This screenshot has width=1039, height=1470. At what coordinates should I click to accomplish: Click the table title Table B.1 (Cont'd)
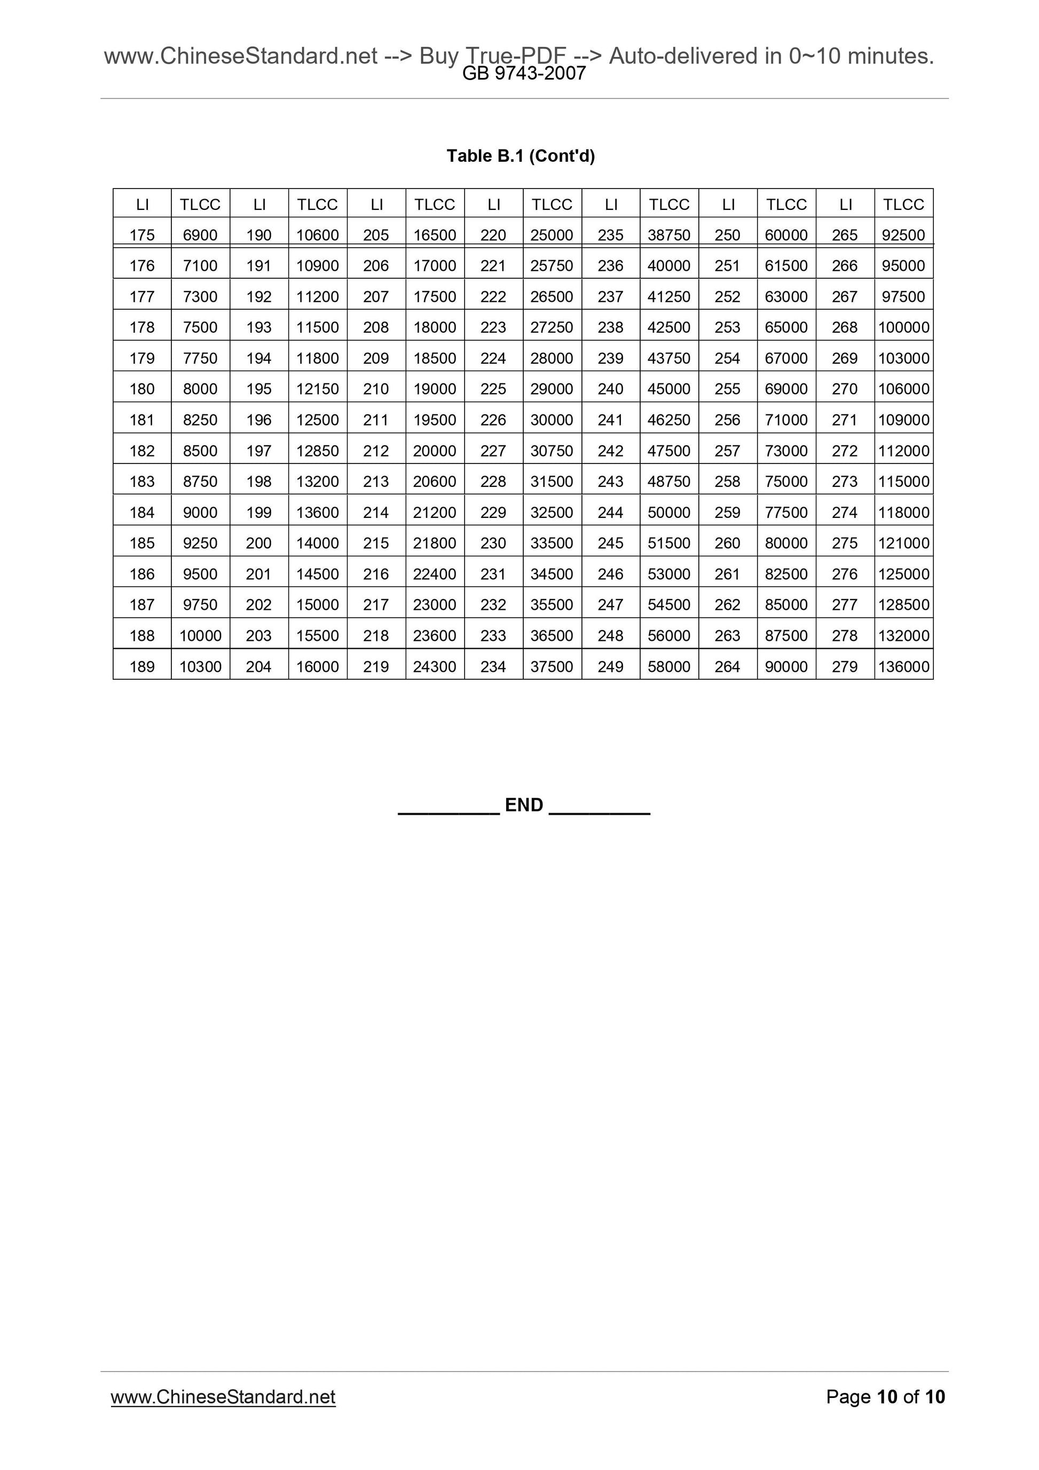(x=521, y=156)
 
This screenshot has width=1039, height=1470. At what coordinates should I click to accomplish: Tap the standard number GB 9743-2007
(x=524, y=74)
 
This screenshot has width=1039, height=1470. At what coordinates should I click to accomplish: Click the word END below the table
(x=524, y=805)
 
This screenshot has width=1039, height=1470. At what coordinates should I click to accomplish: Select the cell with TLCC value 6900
(x=200, y=235)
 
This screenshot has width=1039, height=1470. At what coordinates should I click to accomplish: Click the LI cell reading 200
(x=258, y=543)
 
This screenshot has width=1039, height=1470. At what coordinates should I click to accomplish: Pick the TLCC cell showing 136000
(x=903, y=666)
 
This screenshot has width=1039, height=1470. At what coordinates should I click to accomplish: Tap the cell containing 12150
(x=318, y=389)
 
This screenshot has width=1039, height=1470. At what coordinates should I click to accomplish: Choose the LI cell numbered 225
(x=493, y=389)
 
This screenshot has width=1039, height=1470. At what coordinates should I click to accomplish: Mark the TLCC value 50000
(x=669, y=512)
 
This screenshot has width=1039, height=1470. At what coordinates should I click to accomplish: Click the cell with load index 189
(x=142, y=666)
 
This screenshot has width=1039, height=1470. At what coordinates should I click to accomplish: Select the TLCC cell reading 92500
(x=903, y=235)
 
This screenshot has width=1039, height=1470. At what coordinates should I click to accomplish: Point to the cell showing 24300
(x=435, y=666)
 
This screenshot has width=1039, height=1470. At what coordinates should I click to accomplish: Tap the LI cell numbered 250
(x=727, y=235)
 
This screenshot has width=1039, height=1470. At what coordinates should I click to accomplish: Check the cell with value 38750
(x=669, y=235)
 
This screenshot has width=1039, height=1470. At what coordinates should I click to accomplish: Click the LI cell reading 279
(x=844, y=666)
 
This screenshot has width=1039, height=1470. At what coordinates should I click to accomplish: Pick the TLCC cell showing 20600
(x=435, y=482)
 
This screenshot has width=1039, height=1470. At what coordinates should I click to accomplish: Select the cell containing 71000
(x=786, y=420)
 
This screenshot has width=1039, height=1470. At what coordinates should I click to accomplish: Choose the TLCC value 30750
(x=552, y=451)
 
